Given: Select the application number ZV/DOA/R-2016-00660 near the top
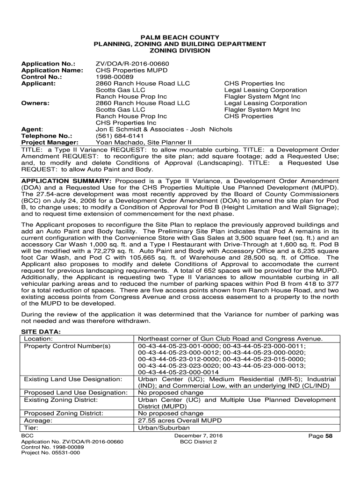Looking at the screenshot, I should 132,64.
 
